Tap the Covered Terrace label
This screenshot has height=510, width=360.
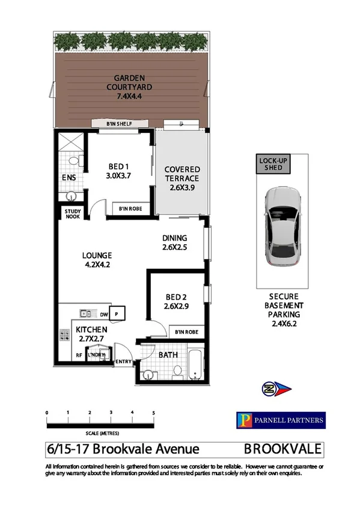[182, 179]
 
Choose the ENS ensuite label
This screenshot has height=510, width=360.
[68, 178]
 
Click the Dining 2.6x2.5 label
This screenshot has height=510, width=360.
[174, 242]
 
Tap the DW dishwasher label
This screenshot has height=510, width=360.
[104, 314]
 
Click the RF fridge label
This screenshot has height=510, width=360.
[79, 355]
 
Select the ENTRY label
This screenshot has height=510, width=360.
[123, 361]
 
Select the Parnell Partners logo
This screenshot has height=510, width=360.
[280, 420]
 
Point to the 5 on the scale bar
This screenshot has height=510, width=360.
[154, 413]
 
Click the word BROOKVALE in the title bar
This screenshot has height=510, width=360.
[282, 449]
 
